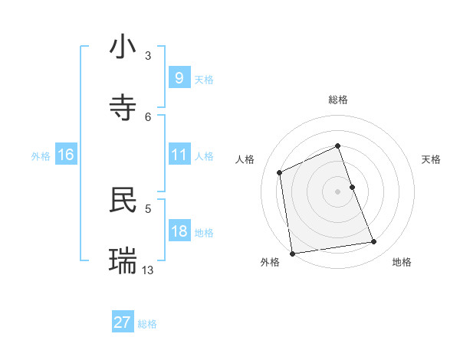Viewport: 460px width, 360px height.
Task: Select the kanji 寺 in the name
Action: coord(123,107)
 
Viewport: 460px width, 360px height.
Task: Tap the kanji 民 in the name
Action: coord(123,200)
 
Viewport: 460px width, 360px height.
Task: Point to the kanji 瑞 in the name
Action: coord(123,261)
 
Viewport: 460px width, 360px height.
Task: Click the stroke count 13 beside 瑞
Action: coord(148,270)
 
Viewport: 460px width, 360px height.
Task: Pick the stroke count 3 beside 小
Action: coord(148,56)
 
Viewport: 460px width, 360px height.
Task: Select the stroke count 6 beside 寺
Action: coord(148,116)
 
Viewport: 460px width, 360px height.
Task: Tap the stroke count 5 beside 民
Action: coord(148,208)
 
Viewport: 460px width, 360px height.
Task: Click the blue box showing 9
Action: coord(179,78)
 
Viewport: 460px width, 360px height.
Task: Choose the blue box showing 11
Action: coord(179,155)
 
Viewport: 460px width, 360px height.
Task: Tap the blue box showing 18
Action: coord(179,231)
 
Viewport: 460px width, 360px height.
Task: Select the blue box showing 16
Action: coord(65,155)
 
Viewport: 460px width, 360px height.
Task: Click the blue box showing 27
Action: coord(122,322)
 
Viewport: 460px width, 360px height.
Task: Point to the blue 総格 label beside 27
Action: coord(147,324)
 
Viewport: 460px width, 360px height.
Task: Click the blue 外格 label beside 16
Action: coord(41,155)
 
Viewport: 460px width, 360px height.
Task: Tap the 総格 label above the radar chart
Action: coord(338,100)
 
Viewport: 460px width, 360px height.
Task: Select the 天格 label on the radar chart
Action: coord(432,159)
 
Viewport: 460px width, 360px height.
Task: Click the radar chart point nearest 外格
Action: coord(292,253)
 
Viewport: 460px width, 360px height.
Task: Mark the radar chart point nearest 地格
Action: coord(374,242)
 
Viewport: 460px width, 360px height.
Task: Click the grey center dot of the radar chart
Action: coord(337,191)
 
